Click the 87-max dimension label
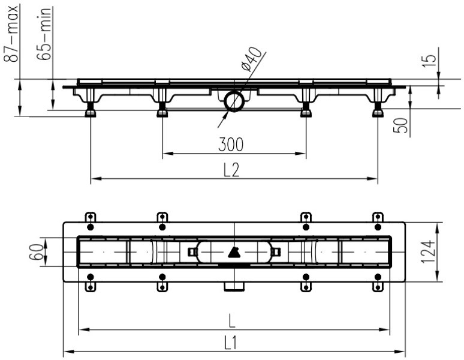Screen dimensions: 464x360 coord(11,33)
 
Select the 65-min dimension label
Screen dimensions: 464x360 coord(44,34)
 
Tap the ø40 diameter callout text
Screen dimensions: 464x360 coord(252,59)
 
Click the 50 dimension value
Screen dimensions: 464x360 coord(400,125)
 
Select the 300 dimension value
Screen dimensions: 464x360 coord(231,145)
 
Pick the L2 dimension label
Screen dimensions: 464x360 coord(231,170)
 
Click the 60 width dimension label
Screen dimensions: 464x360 coord(36,252)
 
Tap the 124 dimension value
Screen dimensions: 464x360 coord(427,252)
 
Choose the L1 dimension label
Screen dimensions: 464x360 coord(231,344)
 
